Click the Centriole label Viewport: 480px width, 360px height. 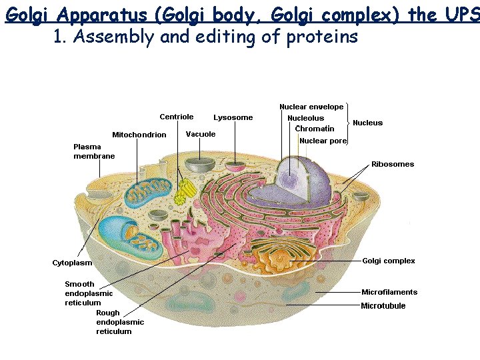click(177, 117)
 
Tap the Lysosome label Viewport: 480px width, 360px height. click(233, 117)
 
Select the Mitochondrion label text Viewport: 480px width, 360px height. click(139, 135)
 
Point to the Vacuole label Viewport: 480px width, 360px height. click(201, 134)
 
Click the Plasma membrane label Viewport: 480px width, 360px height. click(93, 151)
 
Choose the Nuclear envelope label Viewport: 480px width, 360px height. click(311, 107)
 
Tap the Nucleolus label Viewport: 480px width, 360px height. click(305, 118)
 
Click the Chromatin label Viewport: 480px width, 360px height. click(315, 129)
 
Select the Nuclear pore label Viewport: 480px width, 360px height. click(323, 141)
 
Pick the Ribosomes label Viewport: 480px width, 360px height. click(393, 164)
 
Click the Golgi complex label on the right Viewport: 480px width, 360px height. click(389, 261)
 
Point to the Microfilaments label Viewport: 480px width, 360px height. click(389, 292)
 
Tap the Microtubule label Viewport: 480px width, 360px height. click(383, 306)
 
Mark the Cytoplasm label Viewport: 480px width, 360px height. click(72, 263)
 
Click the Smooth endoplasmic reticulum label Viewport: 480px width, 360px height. click(89, 293)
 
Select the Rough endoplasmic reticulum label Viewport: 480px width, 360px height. click(120, 322)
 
